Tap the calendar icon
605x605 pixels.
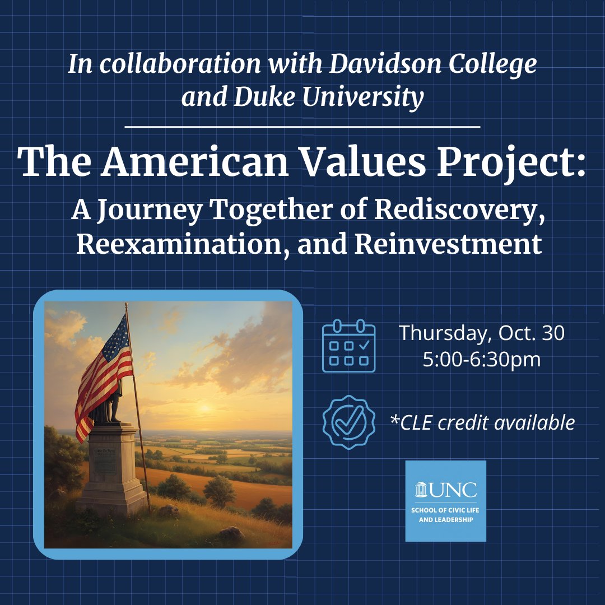point(349,346)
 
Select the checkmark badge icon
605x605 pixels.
point(349,422)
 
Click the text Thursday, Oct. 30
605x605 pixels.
point(482,333)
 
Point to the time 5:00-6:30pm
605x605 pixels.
point(482,359)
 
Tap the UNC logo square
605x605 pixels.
point(445,501)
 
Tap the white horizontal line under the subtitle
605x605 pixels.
point(302,127)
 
